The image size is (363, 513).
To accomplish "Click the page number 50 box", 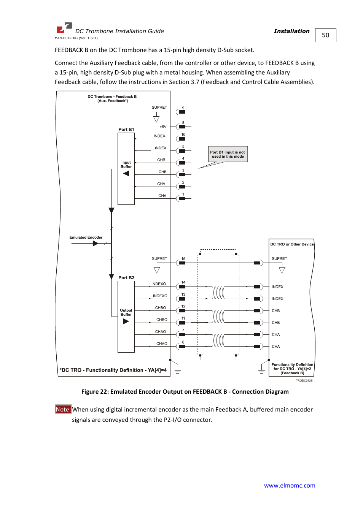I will coord(325,35).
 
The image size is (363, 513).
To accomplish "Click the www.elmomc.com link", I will coord(290,485).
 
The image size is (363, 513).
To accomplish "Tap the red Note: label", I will coord(63,409).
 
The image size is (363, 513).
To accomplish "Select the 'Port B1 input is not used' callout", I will coord(228,154).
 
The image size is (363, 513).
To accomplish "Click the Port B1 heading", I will coord(126,130).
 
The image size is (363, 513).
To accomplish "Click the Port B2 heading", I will coord(126,278).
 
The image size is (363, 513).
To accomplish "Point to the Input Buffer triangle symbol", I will coord(126,174).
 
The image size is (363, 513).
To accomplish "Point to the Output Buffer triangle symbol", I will coord(126,321).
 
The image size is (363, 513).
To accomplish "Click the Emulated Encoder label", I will coord(86,237).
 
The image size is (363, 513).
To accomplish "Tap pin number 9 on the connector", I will coord(183,108).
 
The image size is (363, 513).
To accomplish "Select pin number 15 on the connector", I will coord(183,259).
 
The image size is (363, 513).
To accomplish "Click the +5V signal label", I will coord(163,127).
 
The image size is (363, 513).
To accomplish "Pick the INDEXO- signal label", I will coord(159,284).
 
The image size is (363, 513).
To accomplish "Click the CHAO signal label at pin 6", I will coord(162,344).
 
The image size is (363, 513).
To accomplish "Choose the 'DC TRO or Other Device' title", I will coord(292,244).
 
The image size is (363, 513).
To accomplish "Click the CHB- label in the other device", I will coord(276,311).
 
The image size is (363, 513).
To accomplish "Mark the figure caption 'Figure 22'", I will coord(185,392).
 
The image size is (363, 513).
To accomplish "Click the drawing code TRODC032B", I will coord(304,380).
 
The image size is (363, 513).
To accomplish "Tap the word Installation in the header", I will coord(291,31).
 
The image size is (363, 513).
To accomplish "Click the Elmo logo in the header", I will coord(64,28).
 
